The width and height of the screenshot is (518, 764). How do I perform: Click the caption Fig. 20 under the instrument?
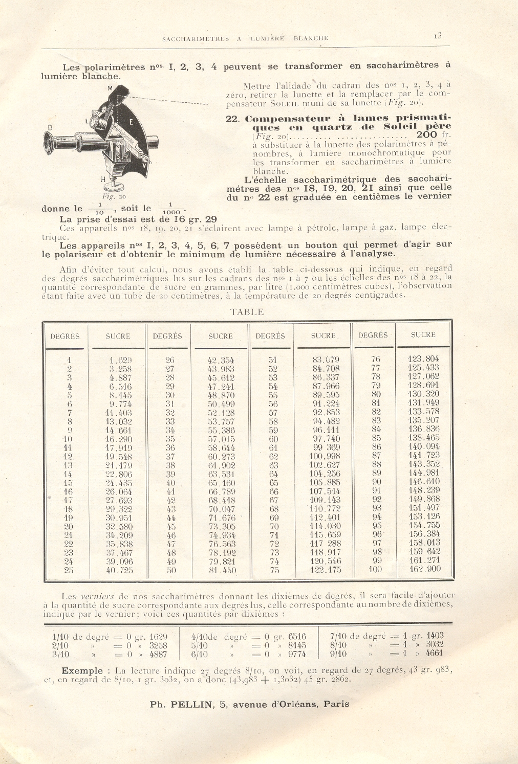[x=114, y=196]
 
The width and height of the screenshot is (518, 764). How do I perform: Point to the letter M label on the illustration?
[x=110, y=88]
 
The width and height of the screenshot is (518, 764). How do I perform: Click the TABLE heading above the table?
[x=247, y=311]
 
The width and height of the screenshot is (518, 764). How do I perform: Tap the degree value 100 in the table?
[x=375, y=569]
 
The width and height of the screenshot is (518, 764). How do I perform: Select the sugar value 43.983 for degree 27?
[x=221, y=369]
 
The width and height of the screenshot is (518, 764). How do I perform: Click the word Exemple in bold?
[x=82, y=670]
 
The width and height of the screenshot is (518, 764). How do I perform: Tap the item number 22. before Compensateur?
[x=233, y=118]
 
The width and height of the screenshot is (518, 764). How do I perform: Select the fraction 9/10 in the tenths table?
[x=339, y=654]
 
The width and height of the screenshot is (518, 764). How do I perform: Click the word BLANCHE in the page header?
[x=311, y=38]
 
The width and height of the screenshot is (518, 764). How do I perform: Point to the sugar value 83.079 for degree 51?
[x=326, y=359]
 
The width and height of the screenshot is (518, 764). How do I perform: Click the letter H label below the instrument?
[x=103, y=179]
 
